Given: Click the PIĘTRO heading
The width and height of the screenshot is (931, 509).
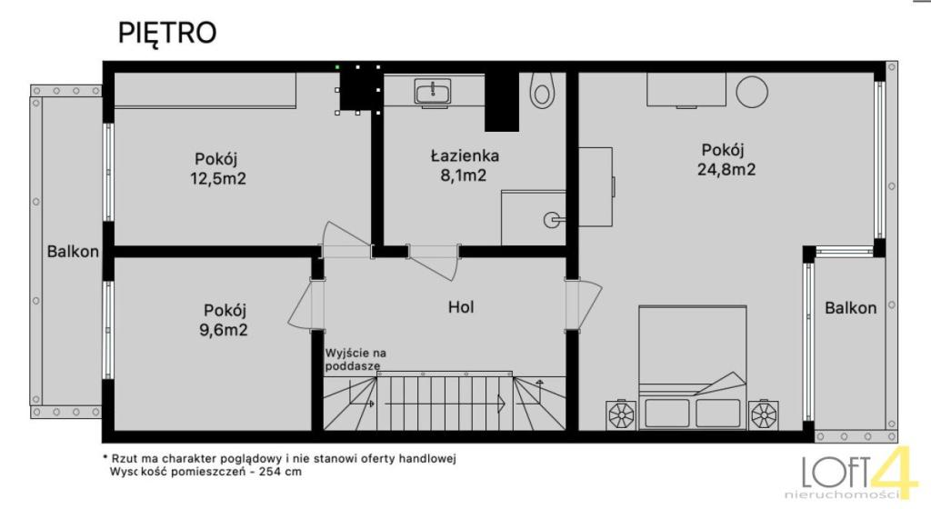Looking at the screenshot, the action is (x=167, y=34).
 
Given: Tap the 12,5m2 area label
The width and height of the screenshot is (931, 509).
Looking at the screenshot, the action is (x=218, y=178).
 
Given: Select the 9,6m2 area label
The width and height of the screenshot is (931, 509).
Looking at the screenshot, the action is (x=224, y=330).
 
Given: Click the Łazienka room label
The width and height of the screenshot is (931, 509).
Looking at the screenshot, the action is (x=465, y=155).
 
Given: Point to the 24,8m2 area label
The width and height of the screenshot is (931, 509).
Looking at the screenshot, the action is (x=726, y=170).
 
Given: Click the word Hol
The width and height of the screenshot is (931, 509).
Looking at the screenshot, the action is (x=461, y=306).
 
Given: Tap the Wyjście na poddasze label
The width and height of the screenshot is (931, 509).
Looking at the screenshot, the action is (x=355, y=360).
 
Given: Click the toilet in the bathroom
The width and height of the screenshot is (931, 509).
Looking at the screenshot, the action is (x=541, y=90).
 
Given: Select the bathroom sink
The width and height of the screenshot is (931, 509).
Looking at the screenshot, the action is (x=433, y=93).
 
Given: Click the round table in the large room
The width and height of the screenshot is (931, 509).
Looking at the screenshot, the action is (x=752, y=92).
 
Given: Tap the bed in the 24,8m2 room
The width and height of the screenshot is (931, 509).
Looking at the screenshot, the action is (x=692, y=368).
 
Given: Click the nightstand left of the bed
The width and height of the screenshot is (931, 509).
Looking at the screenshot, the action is (x=622, y=415).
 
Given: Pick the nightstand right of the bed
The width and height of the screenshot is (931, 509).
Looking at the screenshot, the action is (x=764, y=415).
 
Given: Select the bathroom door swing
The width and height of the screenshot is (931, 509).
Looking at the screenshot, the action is (x=434, y=262).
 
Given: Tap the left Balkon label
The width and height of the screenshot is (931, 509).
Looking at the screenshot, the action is (x=73, y=252).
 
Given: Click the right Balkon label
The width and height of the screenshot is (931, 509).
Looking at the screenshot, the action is (x=850, y=308).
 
